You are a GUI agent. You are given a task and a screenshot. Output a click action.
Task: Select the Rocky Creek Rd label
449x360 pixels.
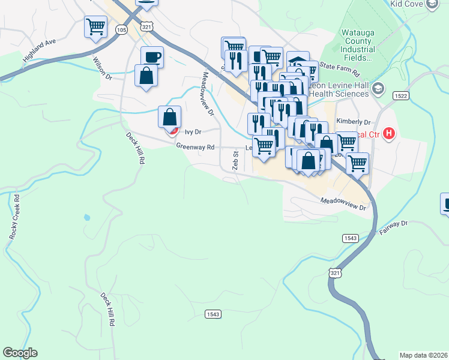[x=14, y=217]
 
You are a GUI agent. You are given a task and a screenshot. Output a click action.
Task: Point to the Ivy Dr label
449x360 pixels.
[x=192, y=131]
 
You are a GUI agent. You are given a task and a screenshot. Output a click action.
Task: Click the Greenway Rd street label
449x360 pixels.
[x=195, y=146]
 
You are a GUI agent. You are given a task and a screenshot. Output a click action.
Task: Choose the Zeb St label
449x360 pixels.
[x=236, y=160]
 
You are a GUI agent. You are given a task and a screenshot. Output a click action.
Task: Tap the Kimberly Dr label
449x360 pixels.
[x=354, y=121]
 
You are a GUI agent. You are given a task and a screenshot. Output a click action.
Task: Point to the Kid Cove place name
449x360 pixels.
[x=406, y=4]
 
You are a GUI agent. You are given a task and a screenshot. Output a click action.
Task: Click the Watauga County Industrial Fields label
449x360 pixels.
[x=349, y=45]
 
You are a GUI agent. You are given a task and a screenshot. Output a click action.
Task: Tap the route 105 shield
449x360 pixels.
[x=122, y=29]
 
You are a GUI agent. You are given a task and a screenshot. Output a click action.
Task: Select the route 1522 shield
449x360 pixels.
[x=401, y=96]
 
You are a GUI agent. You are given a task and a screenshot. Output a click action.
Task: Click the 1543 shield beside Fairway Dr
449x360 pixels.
[x=351, y=238]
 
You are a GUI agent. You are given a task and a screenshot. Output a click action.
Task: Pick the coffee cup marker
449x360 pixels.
[x=152, y=57]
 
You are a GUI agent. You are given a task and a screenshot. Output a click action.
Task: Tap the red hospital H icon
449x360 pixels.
[x=390, y=133]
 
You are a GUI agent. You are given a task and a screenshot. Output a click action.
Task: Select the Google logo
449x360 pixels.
[x=20, y=353]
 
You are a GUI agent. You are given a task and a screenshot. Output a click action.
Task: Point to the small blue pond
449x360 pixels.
[x=88, y=217]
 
